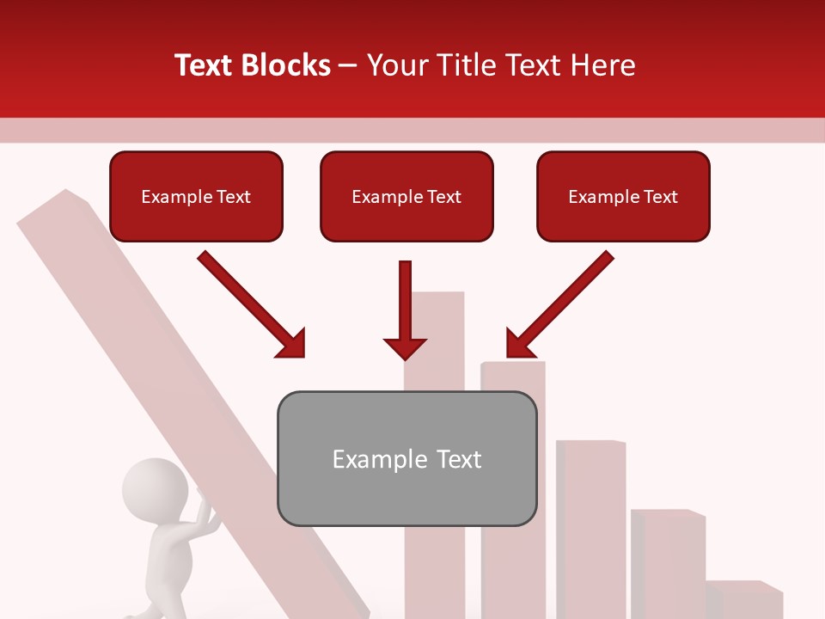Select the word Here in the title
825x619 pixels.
pos(602,65)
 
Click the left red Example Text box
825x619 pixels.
pos(196,197)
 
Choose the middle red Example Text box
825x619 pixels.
pos(406,197)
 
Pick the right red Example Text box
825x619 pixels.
pos(623,197)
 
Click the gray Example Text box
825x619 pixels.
pos(406,459)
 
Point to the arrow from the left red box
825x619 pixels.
pos(251,304)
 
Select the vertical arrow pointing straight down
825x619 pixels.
pos(405,309)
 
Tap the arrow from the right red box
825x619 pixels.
pos(559,304)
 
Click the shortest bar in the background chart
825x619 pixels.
pos(743,599)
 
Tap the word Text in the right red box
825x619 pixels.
pos(659,197)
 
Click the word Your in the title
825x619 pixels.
pos(397,65)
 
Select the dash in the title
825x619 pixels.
pos(348,65)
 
